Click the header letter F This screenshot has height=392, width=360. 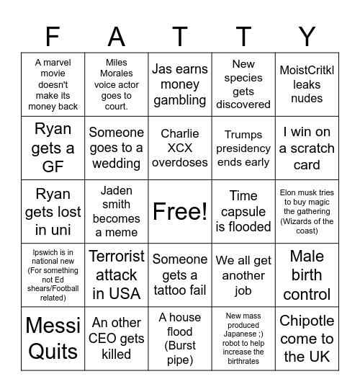[x=53, y=35]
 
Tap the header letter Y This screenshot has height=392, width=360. [x=307, y=35]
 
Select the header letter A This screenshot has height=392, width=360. [x=117, y=35]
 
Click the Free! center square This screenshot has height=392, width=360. [x=180, y=211]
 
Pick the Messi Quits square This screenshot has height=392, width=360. [x=53, y=338]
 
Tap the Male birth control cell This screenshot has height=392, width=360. [x=307, y=275]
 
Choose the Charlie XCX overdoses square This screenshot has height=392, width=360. [x=180, y=148]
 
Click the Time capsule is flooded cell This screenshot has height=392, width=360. [x=243, y=211]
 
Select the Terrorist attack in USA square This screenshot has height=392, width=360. [x=117, y=275]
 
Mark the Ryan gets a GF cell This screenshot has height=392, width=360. [x=53, y=148]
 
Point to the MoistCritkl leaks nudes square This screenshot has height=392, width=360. [x=307, y=84]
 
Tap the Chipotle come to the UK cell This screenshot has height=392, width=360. [x=307, y=338]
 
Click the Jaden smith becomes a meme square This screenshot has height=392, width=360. [x=117, y=211]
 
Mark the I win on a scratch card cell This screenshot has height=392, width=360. [x=307, y=148]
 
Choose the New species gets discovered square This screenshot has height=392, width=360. [x=243, y=84]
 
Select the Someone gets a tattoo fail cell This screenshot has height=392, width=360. [x=180, y=275]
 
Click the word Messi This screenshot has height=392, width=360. [x=53, y=325]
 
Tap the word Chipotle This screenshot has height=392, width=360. [x=307, y=321]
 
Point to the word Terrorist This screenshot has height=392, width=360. [x=117, y=257]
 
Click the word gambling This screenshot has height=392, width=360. [x=180, y=101]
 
